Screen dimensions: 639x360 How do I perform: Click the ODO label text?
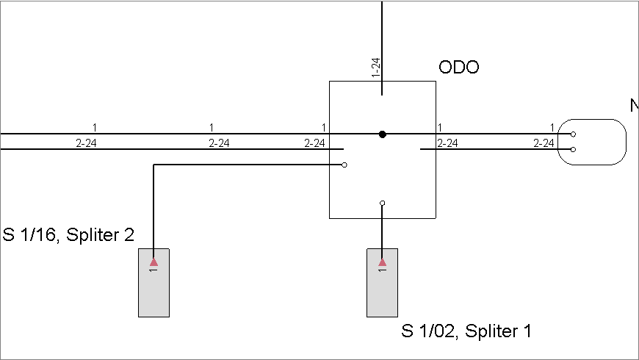pos(459,68)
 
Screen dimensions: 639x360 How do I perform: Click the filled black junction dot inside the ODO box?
pos(382,134)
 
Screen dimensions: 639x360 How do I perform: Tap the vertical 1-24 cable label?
pos(376,68)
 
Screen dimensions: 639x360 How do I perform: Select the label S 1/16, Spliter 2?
pos(68,235)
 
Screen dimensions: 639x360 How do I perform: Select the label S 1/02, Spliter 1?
pos(466,331)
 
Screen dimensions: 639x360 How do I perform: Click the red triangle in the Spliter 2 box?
pos(154,262)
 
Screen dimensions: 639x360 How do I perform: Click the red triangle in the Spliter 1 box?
pos(382,262)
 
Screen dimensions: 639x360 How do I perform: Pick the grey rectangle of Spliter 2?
pos(154,283)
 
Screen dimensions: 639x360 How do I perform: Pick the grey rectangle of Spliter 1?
pos(382,283)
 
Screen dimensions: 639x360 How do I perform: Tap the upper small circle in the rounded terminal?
pos(573,134)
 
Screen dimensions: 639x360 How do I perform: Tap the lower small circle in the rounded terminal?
pos(573,150)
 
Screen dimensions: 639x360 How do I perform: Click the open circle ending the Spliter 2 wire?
pos(344,165)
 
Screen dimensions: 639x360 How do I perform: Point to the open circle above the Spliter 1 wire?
pos(382,203)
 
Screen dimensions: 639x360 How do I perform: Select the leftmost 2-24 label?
pos(86,143)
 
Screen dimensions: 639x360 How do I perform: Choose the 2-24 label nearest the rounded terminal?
pos(544,143)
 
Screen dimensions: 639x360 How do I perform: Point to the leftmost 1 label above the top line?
pos(95,128)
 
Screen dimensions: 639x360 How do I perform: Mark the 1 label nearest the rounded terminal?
pos(552,128)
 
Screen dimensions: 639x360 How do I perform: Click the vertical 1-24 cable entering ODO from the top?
pos(382,48)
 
